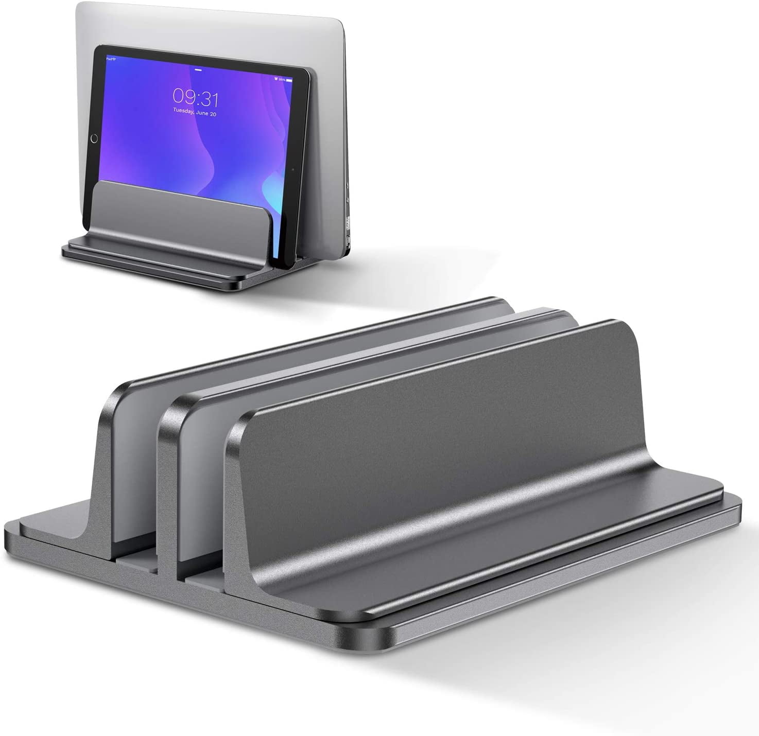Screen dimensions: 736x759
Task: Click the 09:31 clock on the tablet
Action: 195,96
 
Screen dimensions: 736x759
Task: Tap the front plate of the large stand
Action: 438,437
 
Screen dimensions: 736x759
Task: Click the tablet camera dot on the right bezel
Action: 291,168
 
